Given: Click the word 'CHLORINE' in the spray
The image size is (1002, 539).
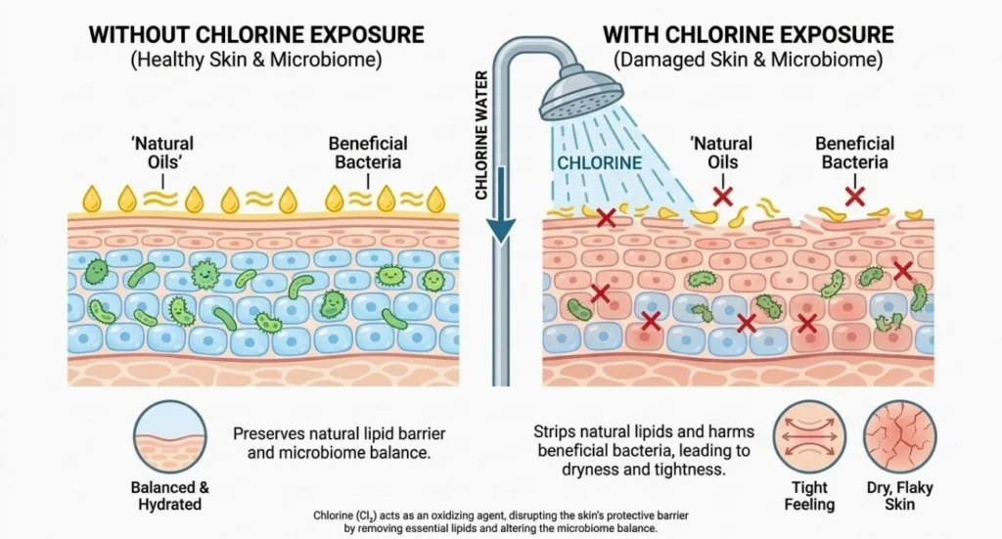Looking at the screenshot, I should pyautogui.click(x=598, y=161).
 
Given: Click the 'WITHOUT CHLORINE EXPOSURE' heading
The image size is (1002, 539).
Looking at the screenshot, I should pyautogui.click(x=256, y=35).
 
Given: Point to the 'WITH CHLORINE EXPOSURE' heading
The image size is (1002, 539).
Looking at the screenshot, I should pyautogui.click(x=748, y=35).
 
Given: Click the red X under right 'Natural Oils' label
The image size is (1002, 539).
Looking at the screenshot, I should pyautogui.click(x=722, y=197).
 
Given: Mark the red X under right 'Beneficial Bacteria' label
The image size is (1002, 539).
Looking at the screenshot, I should pyautogui.click(x=854, y=197).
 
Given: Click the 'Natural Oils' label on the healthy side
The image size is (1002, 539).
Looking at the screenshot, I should pyautogui.click(x=164, y=153).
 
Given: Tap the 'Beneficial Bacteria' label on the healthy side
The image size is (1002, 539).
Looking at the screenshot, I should pyautogui.click(x=368, y=153).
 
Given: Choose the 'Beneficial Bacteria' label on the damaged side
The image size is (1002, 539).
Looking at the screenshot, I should pyautogui.click(x=854, y=153).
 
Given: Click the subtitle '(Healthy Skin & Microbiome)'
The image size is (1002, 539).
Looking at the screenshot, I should pyautogui.click(x=256, y=61).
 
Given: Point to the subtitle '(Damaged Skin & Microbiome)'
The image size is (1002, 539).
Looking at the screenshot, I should pyautogui.click(x=748, y=61).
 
